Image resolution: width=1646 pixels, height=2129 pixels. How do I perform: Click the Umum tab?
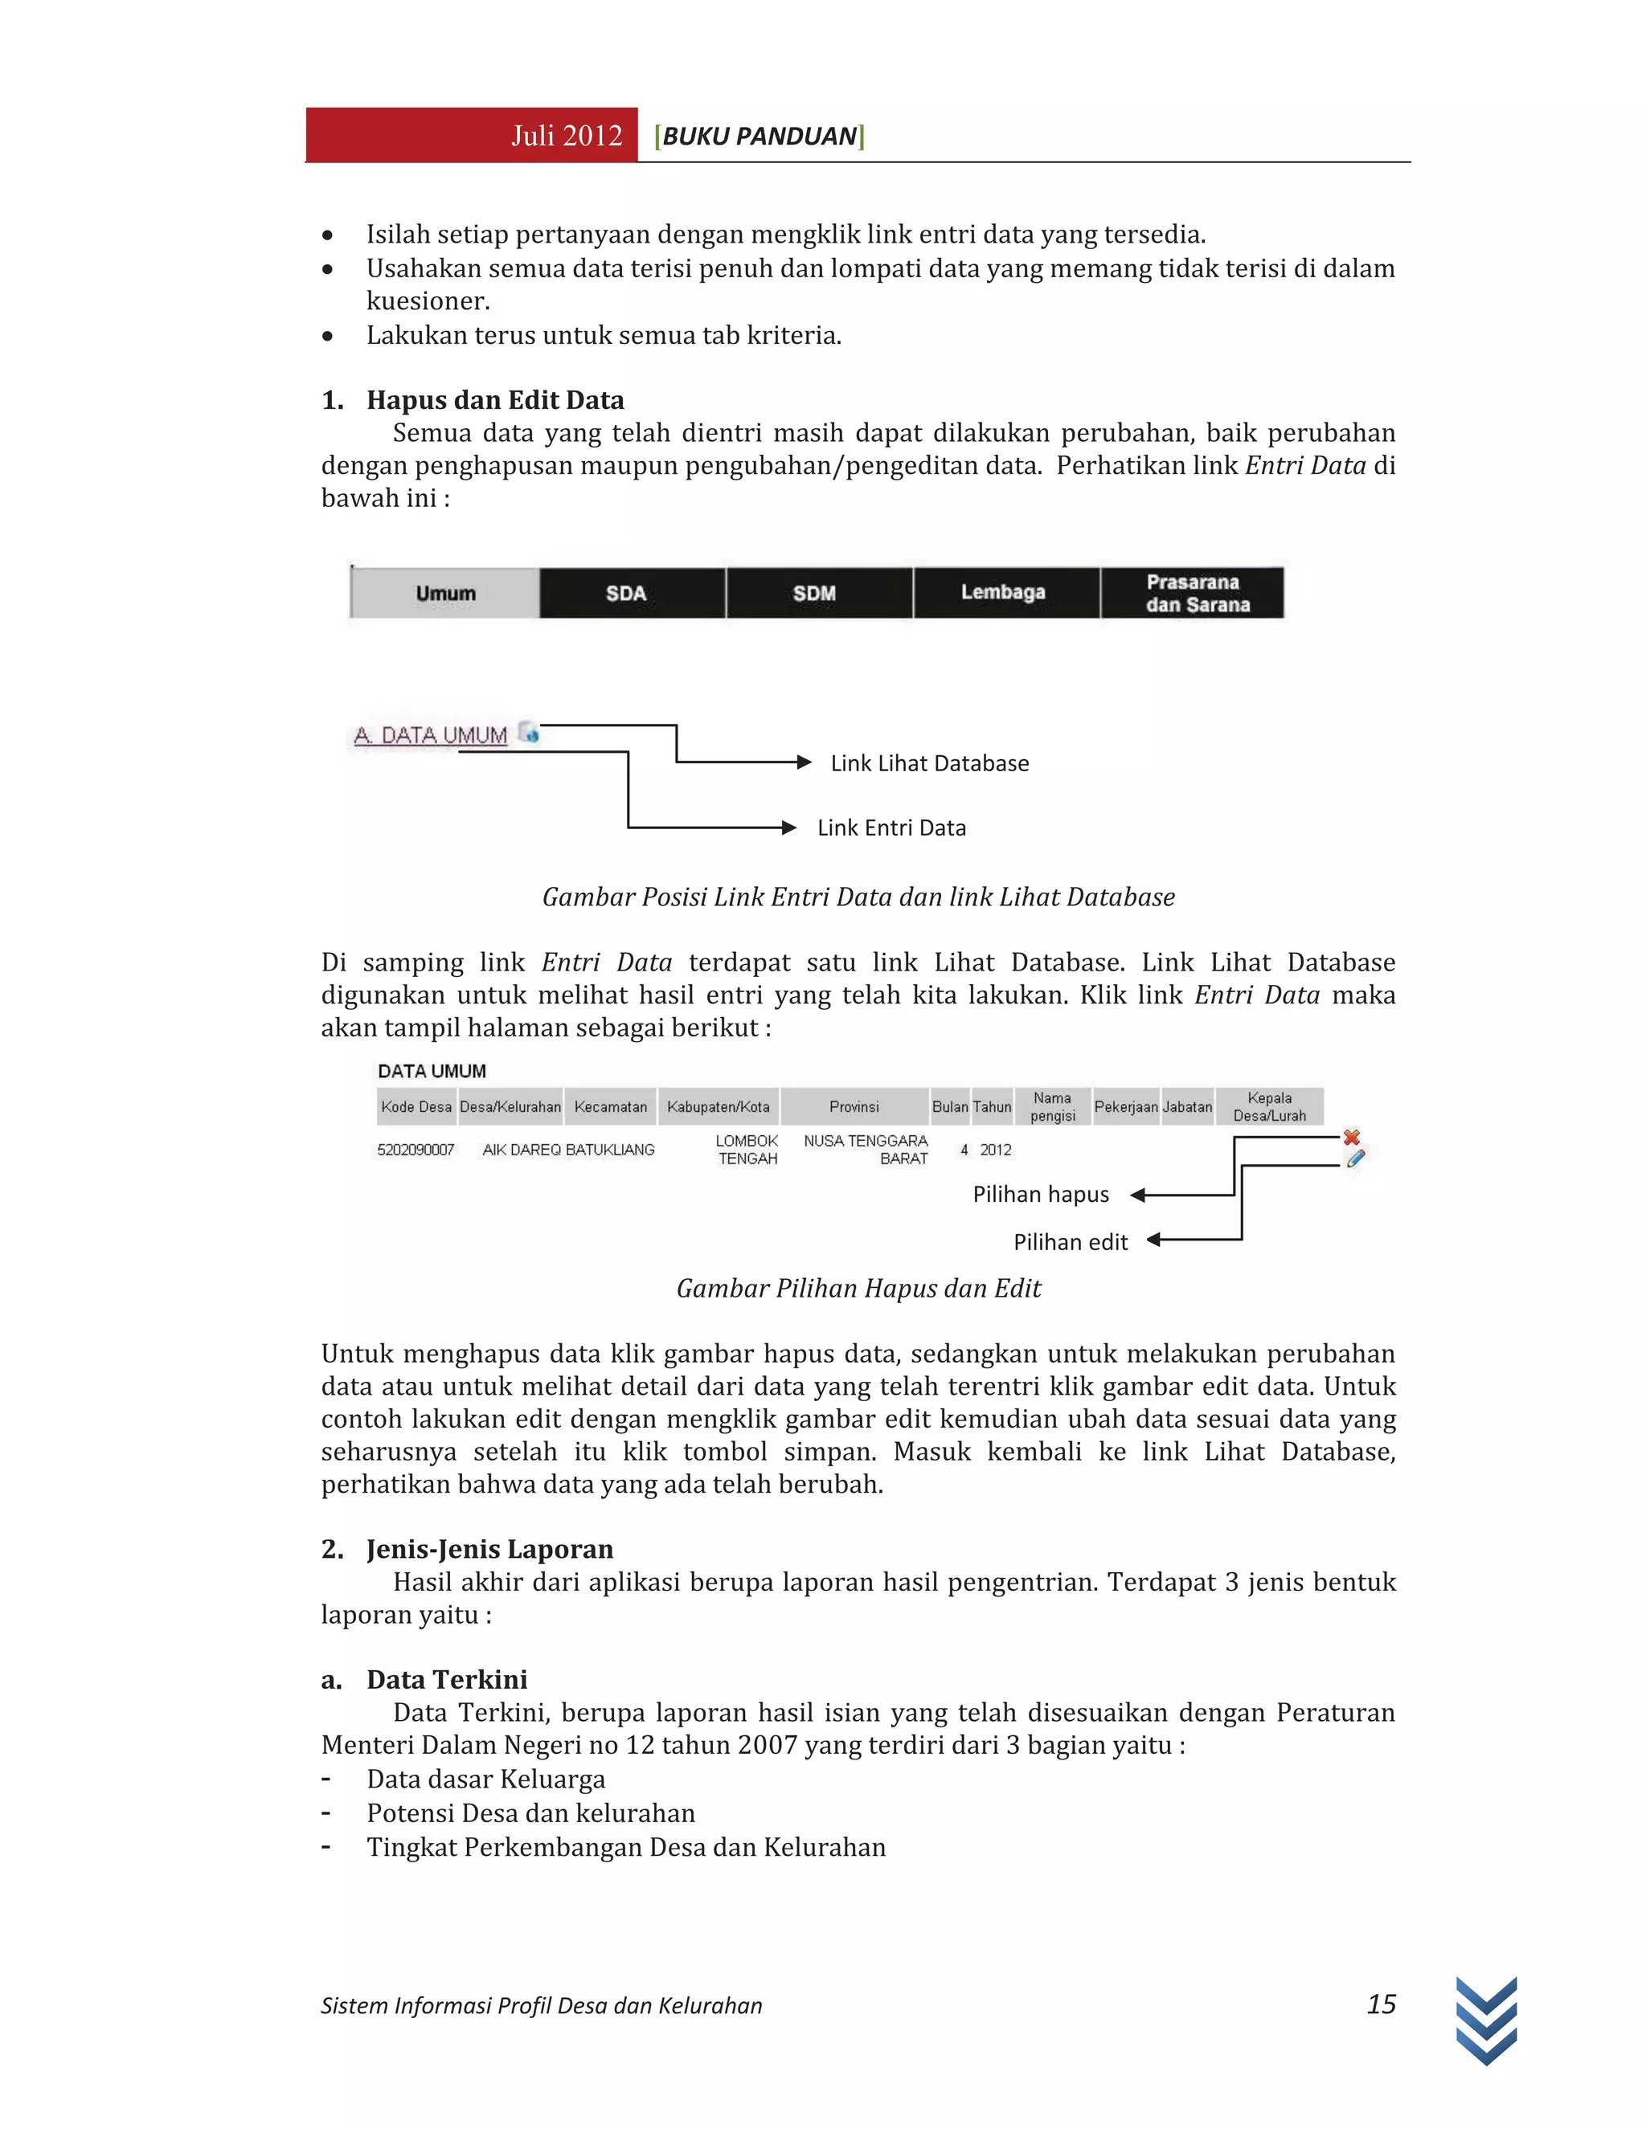pos(444,593)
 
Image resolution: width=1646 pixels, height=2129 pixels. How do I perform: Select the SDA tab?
pos(626,593)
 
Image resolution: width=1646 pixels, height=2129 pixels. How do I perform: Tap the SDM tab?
pos(814,593)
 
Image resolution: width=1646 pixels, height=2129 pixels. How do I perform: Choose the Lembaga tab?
pos(1002,592)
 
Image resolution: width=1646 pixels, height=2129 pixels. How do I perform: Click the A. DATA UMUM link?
pos(431,735)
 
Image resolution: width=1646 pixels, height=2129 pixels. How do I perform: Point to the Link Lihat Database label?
pos(929,763)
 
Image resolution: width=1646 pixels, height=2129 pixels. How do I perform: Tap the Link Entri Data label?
pos(891,827)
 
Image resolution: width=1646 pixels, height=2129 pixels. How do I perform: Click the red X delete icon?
pos(1352,1137)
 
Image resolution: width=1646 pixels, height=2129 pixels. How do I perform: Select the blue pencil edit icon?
pos(1355,1158)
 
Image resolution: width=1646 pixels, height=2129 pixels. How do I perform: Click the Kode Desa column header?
pos(416,1106)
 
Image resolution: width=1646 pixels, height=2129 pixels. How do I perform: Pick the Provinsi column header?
pos(854,1106)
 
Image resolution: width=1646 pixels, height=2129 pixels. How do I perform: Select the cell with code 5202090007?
pos(416,1150)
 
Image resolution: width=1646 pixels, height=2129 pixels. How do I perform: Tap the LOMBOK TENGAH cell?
pos(747,1150)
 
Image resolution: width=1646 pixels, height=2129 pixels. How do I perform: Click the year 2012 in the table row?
pos(996,1150)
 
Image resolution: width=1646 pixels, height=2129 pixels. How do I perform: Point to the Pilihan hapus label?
pos(1041,1194)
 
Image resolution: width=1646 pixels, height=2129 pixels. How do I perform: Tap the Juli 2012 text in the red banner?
pos(567,136)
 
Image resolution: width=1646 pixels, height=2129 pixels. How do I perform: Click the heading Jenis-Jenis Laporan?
pos(489,1549)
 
